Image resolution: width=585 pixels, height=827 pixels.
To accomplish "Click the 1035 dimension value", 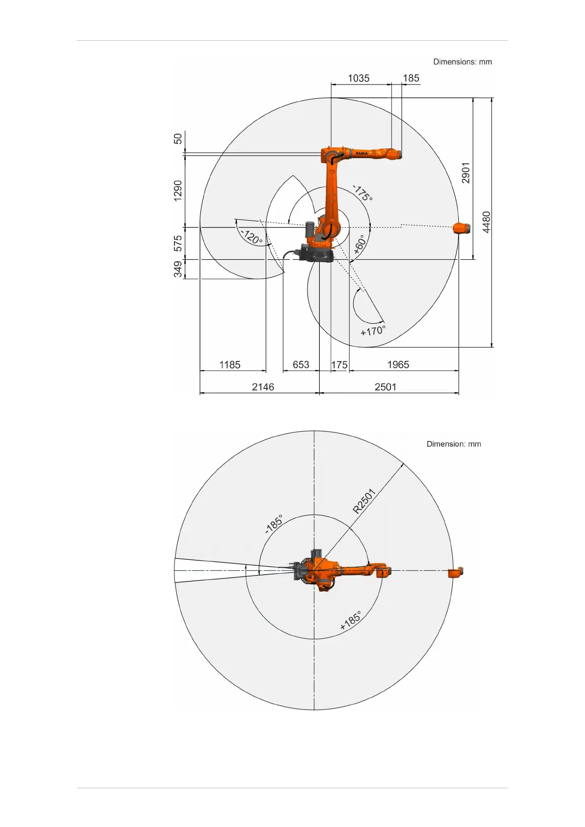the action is point(358,78).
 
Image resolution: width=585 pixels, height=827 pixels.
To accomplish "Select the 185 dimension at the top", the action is point(411,78).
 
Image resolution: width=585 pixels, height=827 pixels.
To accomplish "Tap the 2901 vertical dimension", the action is point(466,173).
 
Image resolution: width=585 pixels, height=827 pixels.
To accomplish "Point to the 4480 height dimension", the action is point(486,222).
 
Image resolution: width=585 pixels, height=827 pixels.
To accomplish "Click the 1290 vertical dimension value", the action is point(178,191).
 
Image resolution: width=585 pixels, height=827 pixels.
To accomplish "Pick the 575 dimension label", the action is point(178,243).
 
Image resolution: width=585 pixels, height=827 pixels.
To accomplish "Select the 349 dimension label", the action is point(178,269).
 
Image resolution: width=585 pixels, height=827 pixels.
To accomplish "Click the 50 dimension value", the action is point(178,139).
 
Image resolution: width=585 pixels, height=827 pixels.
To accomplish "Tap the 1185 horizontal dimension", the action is point(230,365).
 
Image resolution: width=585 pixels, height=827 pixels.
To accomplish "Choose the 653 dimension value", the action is point(301,365).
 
